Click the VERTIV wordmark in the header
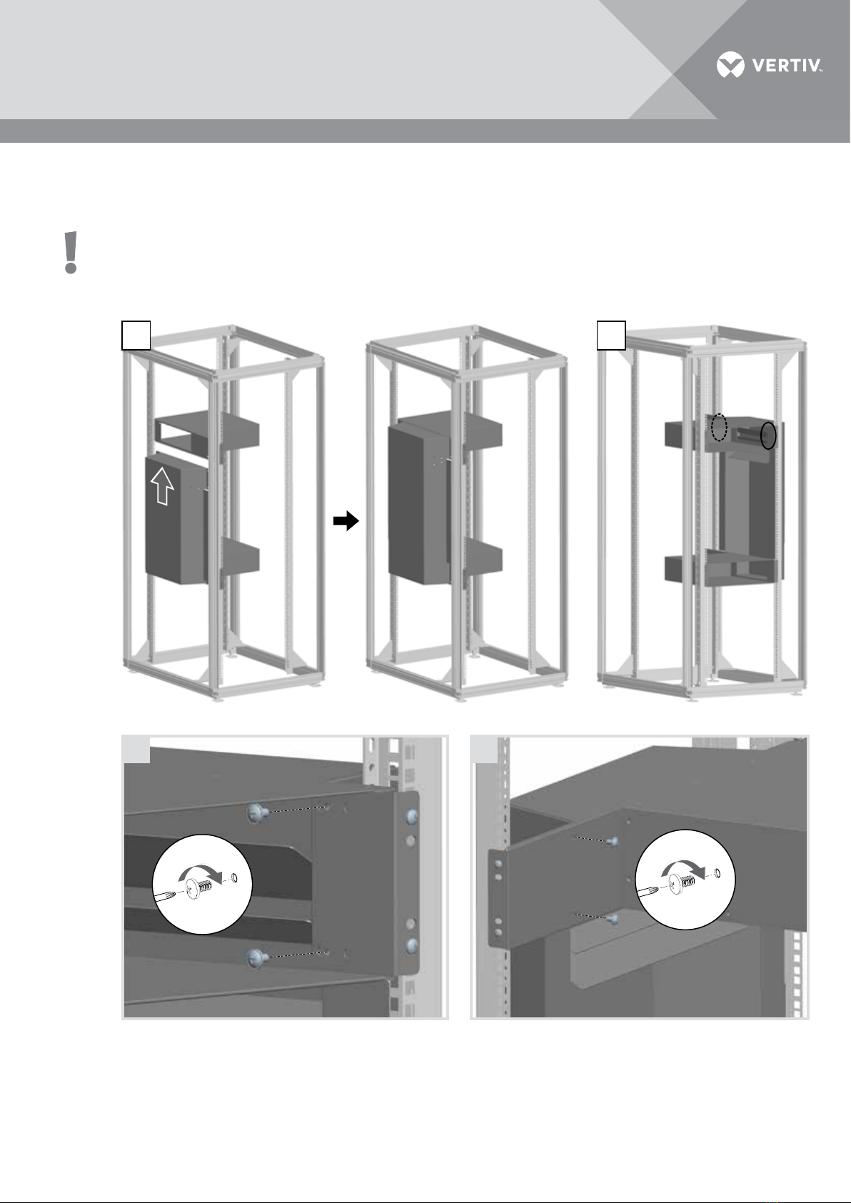point(787,66)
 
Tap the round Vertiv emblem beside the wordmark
point(731,65)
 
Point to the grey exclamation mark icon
point(71,253)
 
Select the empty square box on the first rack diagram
point(136,335)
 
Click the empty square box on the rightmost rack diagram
point(612,335)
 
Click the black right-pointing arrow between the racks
point(346,520)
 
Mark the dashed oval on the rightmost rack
point(719,428)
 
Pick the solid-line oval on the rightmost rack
point(769,436)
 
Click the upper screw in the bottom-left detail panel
point(258,814)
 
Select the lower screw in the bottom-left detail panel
point(258,957)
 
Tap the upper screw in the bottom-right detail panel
point(611,842)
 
